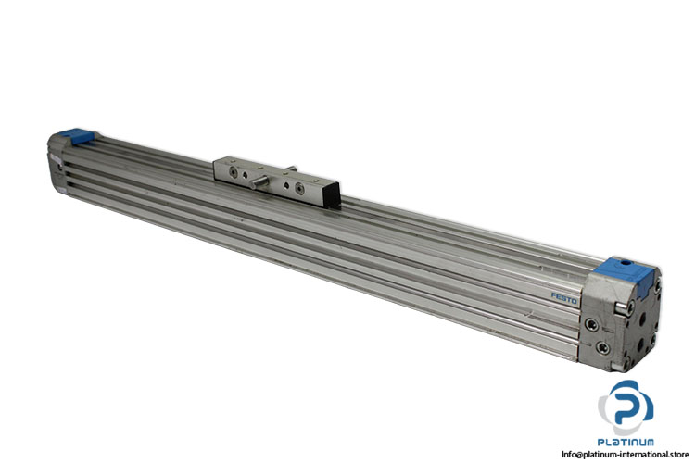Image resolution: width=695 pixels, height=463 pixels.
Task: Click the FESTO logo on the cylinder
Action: point(563,298)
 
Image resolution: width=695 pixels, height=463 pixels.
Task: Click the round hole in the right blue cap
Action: point(625,263)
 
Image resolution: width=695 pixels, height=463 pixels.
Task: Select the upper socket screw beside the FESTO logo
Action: point(592,325)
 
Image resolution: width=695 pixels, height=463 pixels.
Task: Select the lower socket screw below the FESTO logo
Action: point(602,347)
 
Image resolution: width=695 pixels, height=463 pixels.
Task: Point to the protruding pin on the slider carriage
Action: point(259,182)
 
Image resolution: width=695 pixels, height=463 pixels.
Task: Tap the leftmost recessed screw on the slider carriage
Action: point(234,170)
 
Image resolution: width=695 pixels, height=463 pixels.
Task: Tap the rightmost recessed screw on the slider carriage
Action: point(299,189)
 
